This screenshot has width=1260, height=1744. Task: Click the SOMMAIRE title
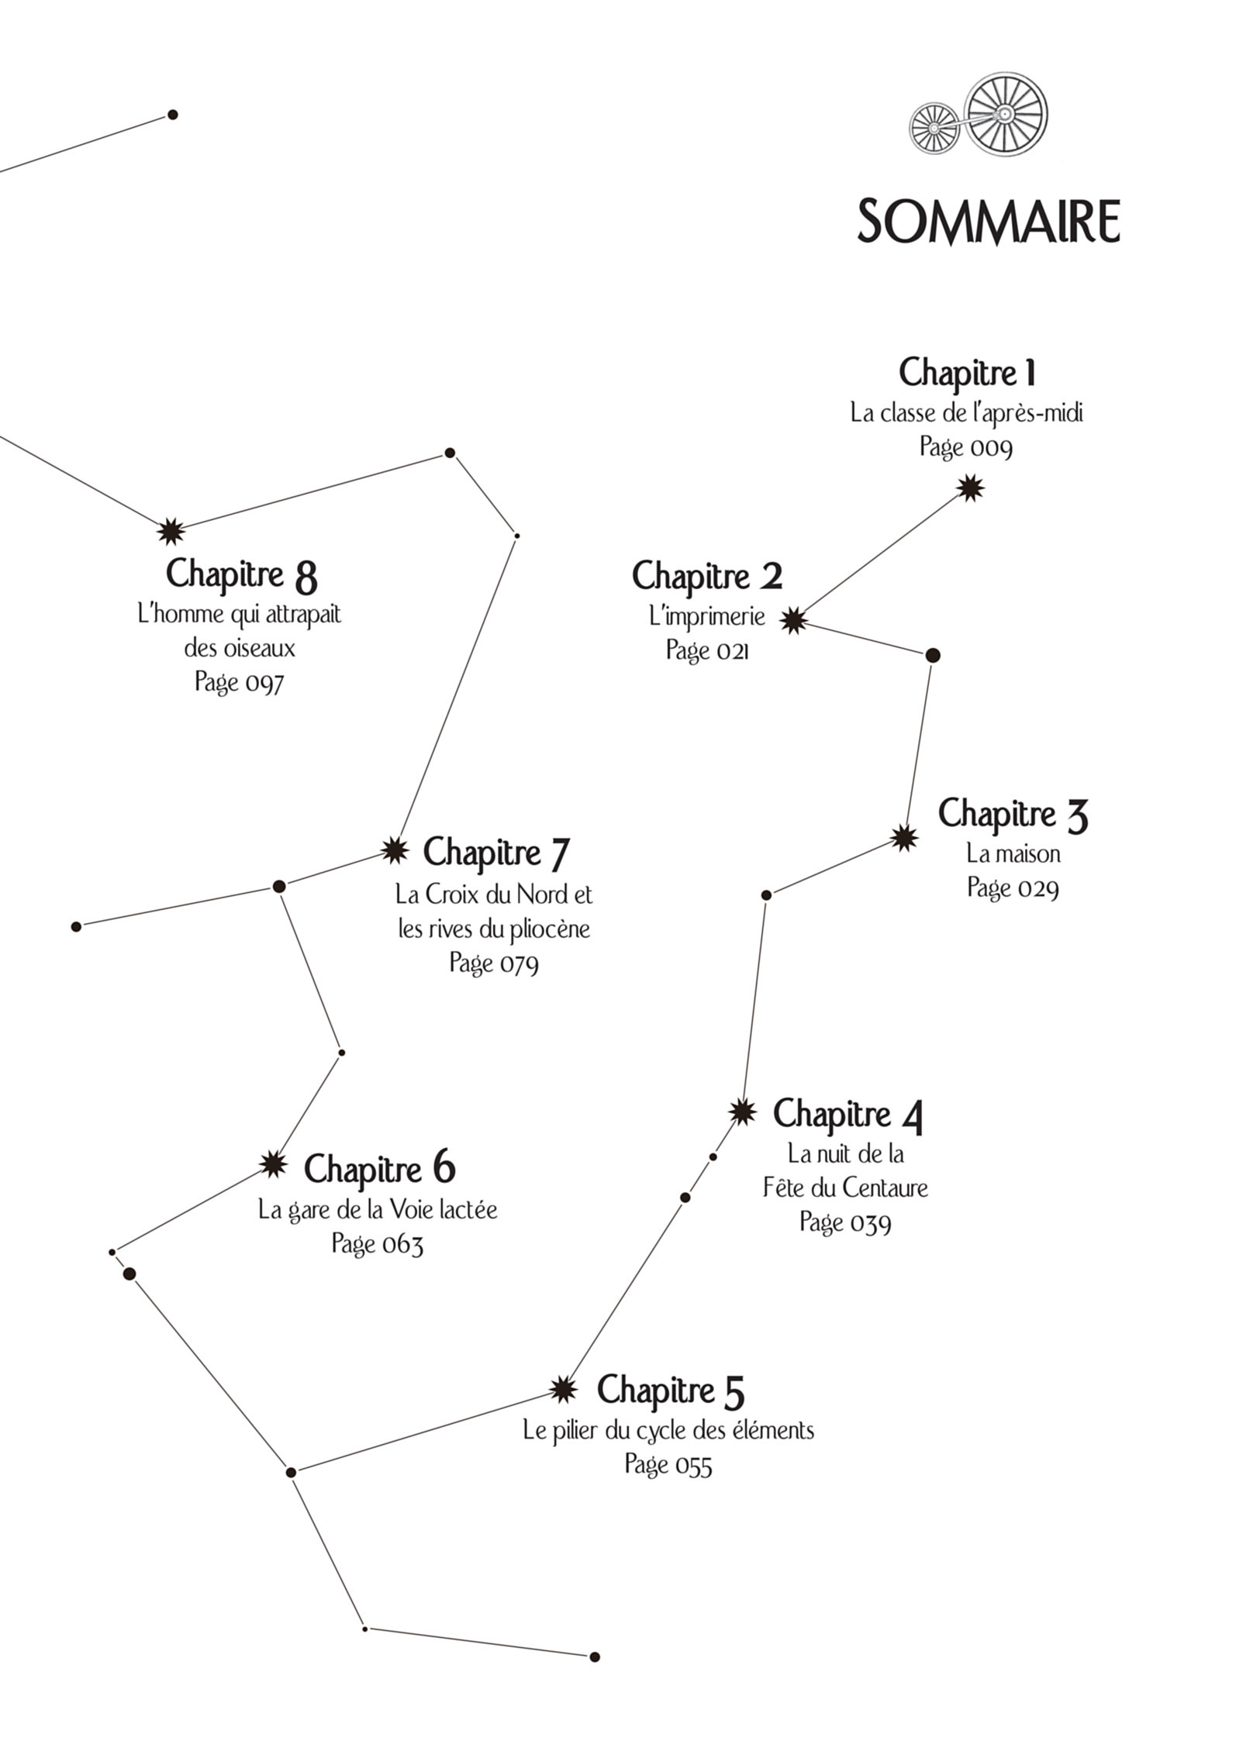(x=988, y=222)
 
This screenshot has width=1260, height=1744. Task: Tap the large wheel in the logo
(x=1006, y=113)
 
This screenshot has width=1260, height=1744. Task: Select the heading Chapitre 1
(x=967, y=372)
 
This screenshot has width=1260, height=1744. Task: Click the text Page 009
(x=966, y=447)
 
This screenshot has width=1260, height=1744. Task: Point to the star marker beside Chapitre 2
(x=793, y=620)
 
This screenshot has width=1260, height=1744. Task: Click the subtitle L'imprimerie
(x=707, y=617)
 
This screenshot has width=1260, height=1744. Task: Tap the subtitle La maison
(x=1013, y=854)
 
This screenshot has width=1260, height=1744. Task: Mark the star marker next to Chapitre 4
(x=742, y=1112)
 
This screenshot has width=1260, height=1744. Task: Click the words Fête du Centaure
(x=845, y=1187)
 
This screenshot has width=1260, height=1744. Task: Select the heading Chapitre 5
(x=670, y=1390)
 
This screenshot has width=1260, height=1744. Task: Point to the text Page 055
(x=668, y=1464)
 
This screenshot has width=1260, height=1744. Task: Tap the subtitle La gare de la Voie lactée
(x=378, y=1209)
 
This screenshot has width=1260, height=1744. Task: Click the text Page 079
(x=494, y=963)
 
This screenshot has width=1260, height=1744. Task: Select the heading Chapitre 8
(x=241, y=574)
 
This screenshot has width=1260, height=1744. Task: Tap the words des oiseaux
(x=240, y=648)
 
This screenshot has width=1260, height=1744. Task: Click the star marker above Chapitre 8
(x=170, y=532)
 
